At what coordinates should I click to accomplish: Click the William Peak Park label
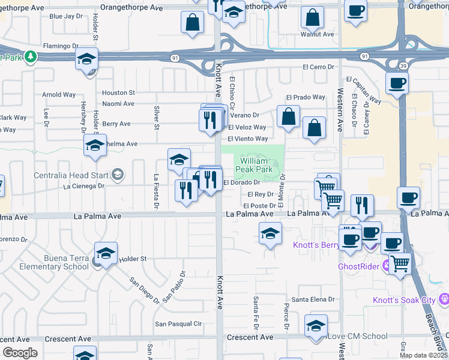point(257,165)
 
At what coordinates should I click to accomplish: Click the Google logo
point(20,352)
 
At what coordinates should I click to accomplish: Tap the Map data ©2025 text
point(423,355)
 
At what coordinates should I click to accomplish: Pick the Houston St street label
point(118,93)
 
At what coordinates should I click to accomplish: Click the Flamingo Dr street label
point(61,46)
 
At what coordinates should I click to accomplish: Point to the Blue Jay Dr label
point(65,16)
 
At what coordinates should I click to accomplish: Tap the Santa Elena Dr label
point(313,299)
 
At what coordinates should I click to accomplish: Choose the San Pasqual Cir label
point(178,324)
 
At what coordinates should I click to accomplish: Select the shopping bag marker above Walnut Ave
point(312,18)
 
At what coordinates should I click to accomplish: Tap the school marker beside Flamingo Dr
point(86,59)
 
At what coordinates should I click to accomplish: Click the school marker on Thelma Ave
point(94,146)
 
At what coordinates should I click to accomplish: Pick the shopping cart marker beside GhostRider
point(399,262)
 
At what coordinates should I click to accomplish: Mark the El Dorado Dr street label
point(241,182)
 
